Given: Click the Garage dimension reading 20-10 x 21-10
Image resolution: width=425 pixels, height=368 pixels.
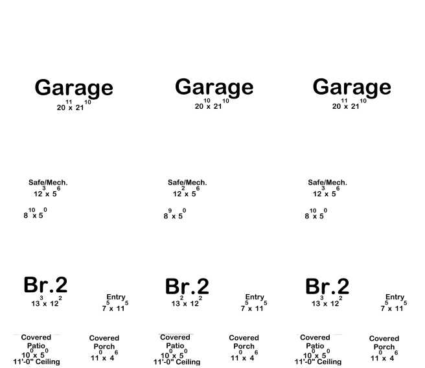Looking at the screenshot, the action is click(x=212, y=104).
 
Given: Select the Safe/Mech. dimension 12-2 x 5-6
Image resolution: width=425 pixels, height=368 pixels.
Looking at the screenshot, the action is click(x=186, y=192).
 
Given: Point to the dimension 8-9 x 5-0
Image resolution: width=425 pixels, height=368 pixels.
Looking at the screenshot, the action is click(x=175, y=214).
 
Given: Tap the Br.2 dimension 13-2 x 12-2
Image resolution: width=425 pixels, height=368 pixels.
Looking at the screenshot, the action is click(x=187, y=301).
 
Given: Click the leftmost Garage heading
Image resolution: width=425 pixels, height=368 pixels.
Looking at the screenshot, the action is click(x=74, y=88).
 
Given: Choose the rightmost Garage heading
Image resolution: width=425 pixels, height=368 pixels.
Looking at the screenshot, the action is click(x=352, y=87).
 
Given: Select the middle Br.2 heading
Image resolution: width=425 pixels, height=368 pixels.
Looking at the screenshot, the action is click(x=187, y=286).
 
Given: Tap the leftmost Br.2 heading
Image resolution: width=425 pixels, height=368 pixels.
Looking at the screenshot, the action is click(x=45, y=285).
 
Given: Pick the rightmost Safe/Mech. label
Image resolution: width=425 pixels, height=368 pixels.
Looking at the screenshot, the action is click(x=327, y=182).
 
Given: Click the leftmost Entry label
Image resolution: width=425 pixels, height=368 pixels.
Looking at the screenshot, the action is click(x=116, y=297).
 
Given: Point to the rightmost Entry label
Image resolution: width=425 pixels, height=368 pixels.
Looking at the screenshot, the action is click(x=395, y=297).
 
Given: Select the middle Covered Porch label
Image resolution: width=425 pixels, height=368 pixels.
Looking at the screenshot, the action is click(x=244, y=342).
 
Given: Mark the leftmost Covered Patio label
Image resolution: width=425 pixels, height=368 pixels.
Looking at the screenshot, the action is click(x=36, y=341).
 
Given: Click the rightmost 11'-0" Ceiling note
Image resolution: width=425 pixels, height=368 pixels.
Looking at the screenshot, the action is click(x=318, y=362).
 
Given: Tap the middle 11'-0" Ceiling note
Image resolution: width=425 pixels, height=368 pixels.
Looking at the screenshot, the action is click(x=177, y=362).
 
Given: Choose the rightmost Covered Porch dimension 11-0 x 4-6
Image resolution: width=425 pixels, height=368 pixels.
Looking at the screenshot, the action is click(x=384, y=356).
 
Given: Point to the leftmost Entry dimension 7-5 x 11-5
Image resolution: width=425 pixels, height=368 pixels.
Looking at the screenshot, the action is click(x=115, y=306).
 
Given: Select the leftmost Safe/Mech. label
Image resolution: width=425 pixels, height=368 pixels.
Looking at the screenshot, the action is click(x=48, y=182).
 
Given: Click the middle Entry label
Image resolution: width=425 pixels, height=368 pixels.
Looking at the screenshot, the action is click(x=255, y=297).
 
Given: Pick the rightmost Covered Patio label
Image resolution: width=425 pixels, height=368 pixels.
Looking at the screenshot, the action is click(x=315, y=341).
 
